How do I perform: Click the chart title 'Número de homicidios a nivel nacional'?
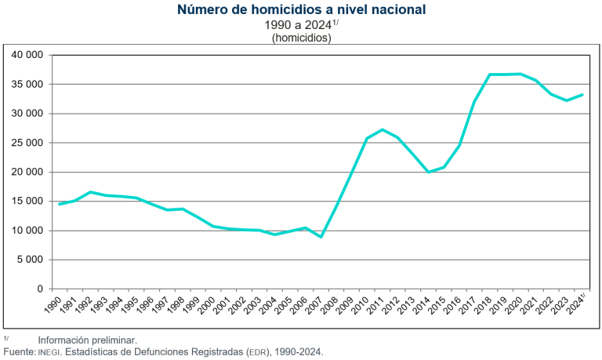click(x=302, y=10)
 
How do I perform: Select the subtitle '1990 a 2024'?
click(x=298, y=25)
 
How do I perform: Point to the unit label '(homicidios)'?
click(x=302, y=38)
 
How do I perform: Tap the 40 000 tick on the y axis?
click(x=27, y=55)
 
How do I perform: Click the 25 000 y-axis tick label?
click(x=27, y=143)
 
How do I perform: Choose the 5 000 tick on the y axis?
click(x=30, y=260)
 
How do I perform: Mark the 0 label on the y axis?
click(x=40, y=289)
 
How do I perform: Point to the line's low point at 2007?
click(x=321, y=237)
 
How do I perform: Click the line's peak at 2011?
click(x=383, y=129)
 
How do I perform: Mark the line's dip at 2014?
click(x=428, y=172)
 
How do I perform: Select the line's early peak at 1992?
click(x=90, y=192)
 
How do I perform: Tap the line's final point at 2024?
click(x=582, y=95)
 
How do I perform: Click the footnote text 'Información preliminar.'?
click(x=87, y=340)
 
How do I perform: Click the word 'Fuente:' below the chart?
click(x=20, y=352)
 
